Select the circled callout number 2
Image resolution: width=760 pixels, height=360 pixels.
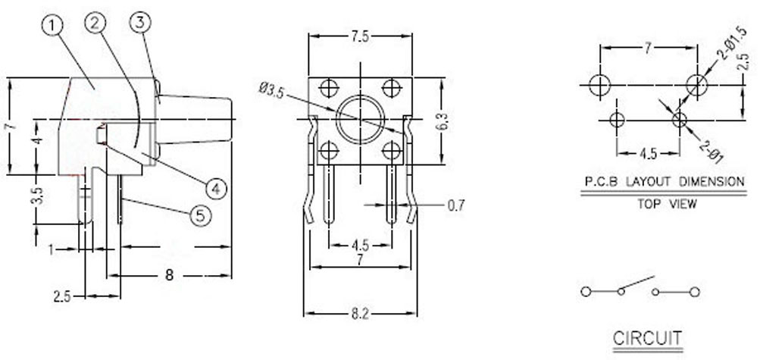[x=95, y=23]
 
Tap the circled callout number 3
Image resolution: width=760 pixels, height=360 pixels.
[x=141, y=22]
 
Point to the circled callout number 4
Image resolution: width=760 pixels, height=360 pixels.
[x=216, y=189]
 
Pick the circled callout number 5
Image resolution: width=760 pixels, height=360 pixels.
[x=201, y=215]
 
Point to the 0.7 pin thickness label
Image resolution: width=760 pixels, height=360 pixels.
[x=455, y=205]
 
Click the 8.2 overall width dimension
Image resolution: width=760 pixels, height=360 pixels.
[x=360, y=314]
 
